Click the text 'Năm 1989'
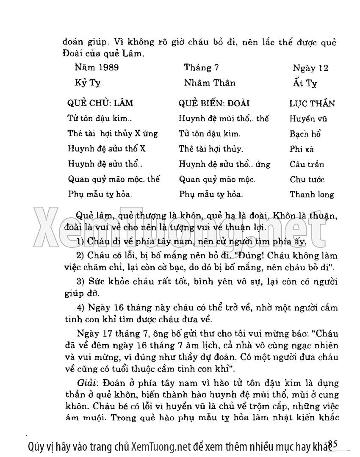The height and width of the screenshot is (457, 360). pos(97,67)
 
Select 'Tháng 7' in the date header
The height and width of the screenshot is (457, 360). pos(201,67)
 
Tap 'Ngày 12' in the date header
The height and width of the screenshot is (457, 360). pos(310,68)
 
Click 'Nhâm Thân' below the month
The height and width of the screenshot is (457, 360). pos(210,83)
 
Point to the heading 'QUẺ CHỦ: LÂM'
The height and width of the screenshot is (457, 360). pos(100,103)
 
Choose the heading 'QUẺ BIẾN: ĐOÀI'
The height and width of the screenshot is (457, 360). pos(214,103)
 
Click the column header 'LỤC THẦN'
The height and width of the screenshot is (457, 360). pos(312,104)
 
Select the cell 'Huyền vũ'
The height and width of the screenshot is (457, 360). pos(308,119)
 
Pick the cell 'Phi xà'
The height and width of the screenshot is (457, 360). pos(302,150)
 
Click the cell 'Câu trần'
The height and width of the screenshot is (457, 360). pos(307,164)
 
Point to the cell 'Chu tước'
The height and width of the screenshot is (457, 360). pos(307,180)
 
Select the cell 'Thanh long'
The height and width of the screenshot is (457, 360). pos(312,195)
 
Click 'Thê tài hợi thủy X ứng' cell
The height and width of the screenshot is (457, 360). pos(112,134)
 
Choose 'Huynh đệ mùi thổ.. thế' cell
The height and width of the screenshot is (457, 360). pos(224,119)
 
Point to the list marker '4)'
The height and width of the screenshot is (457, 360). pos(81,307)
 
